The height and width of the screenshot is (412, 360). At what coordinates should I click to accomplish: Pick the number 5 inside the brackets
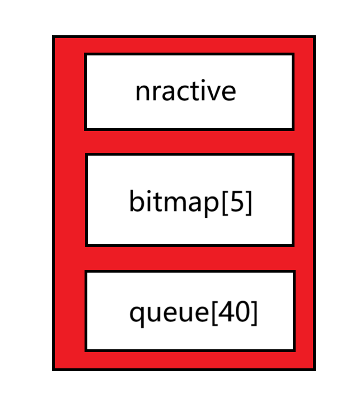(237, 202)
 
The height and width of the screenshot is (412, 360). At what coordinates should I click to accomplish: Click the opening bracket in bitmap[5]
(226, 203)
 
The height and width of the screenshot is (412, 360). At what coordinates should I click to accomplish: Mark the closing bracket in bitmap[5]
(249, 203)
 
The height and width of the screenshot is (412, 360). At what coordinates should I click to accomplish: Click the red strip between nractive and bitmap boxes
(189, 142)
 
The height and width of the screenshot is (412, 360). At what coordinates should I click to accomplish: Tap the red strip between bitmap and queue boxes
(189, 258)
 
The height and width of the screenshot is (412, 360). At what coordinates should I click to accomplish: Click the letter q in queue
(137, 315)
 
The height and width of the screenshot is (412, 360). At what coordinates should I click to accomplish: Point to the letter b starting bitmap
(136, 202)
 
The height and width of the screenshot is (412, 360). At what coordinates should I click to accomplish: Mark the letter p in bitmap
(213, 204)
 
